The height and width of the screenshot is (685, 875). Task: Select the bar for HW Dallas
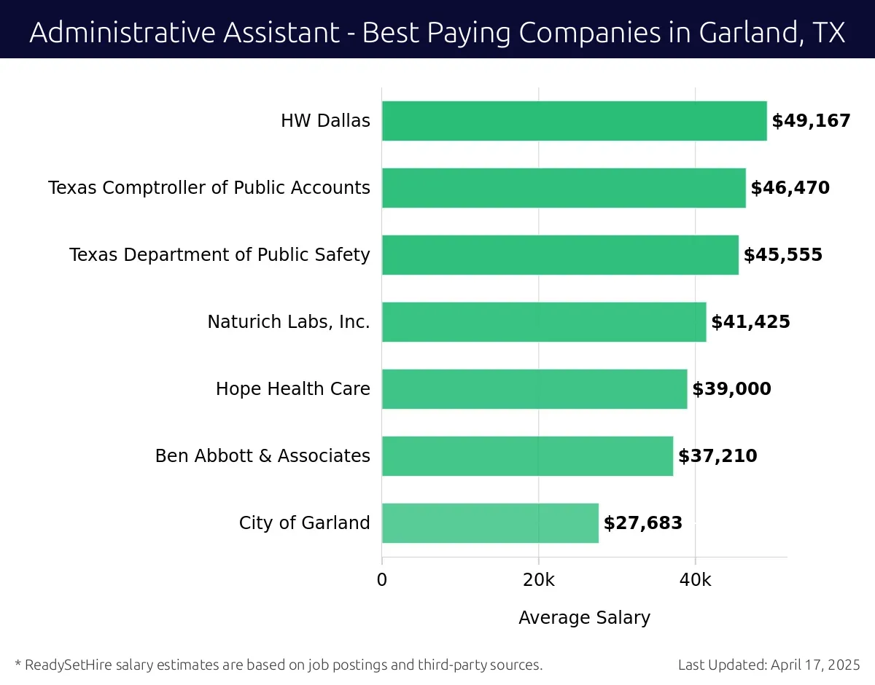click(x=574, y=121)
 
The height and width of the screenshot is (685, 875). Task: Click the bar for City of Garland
click(x=490, y=523)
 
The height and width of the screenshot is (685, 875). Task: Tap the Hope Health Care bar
click(x=534, y=389)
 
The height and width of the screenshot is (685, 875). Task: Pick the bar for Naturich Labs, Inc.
click(x=544, y=322)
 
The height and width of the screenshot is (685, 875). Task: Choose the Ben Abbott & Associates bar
click(x=527, y=456)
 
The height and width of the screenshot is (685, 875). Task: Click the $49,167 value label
click(x=811, y=121)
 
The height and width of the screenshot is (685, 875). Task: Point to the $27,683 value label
click(x=643, y=523)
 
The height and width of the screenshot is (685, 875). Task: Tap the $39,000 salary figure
click(x=731, y=389)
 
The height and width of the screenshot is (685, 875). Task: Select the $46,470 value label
click(x=790, y=188)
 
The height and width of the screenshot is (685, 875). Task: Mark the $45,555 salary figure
click(x=782, y=255)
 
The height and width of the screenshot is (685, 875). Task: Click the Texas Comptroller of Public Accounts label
click(x=209, y=188)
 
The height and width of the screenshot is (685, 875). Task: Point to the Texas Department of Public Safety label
click(x=219, y=255)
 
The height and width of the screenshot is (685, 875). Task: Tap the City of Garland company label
click(x=304, y=523)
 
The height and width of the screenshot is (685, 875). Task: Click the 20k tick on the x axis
click(x=539, y=580)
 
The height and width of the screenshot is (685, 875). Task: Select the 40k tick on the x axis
click(x=695, y=580)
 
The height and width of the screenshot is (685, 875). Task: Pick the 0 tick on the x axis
click(x=382, y=580)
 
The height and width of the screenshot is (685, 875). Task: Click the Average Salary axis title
click(x=584, y=618)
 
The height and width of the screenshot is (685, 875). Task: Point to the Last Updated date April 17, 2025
click(x=814, y=665)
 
